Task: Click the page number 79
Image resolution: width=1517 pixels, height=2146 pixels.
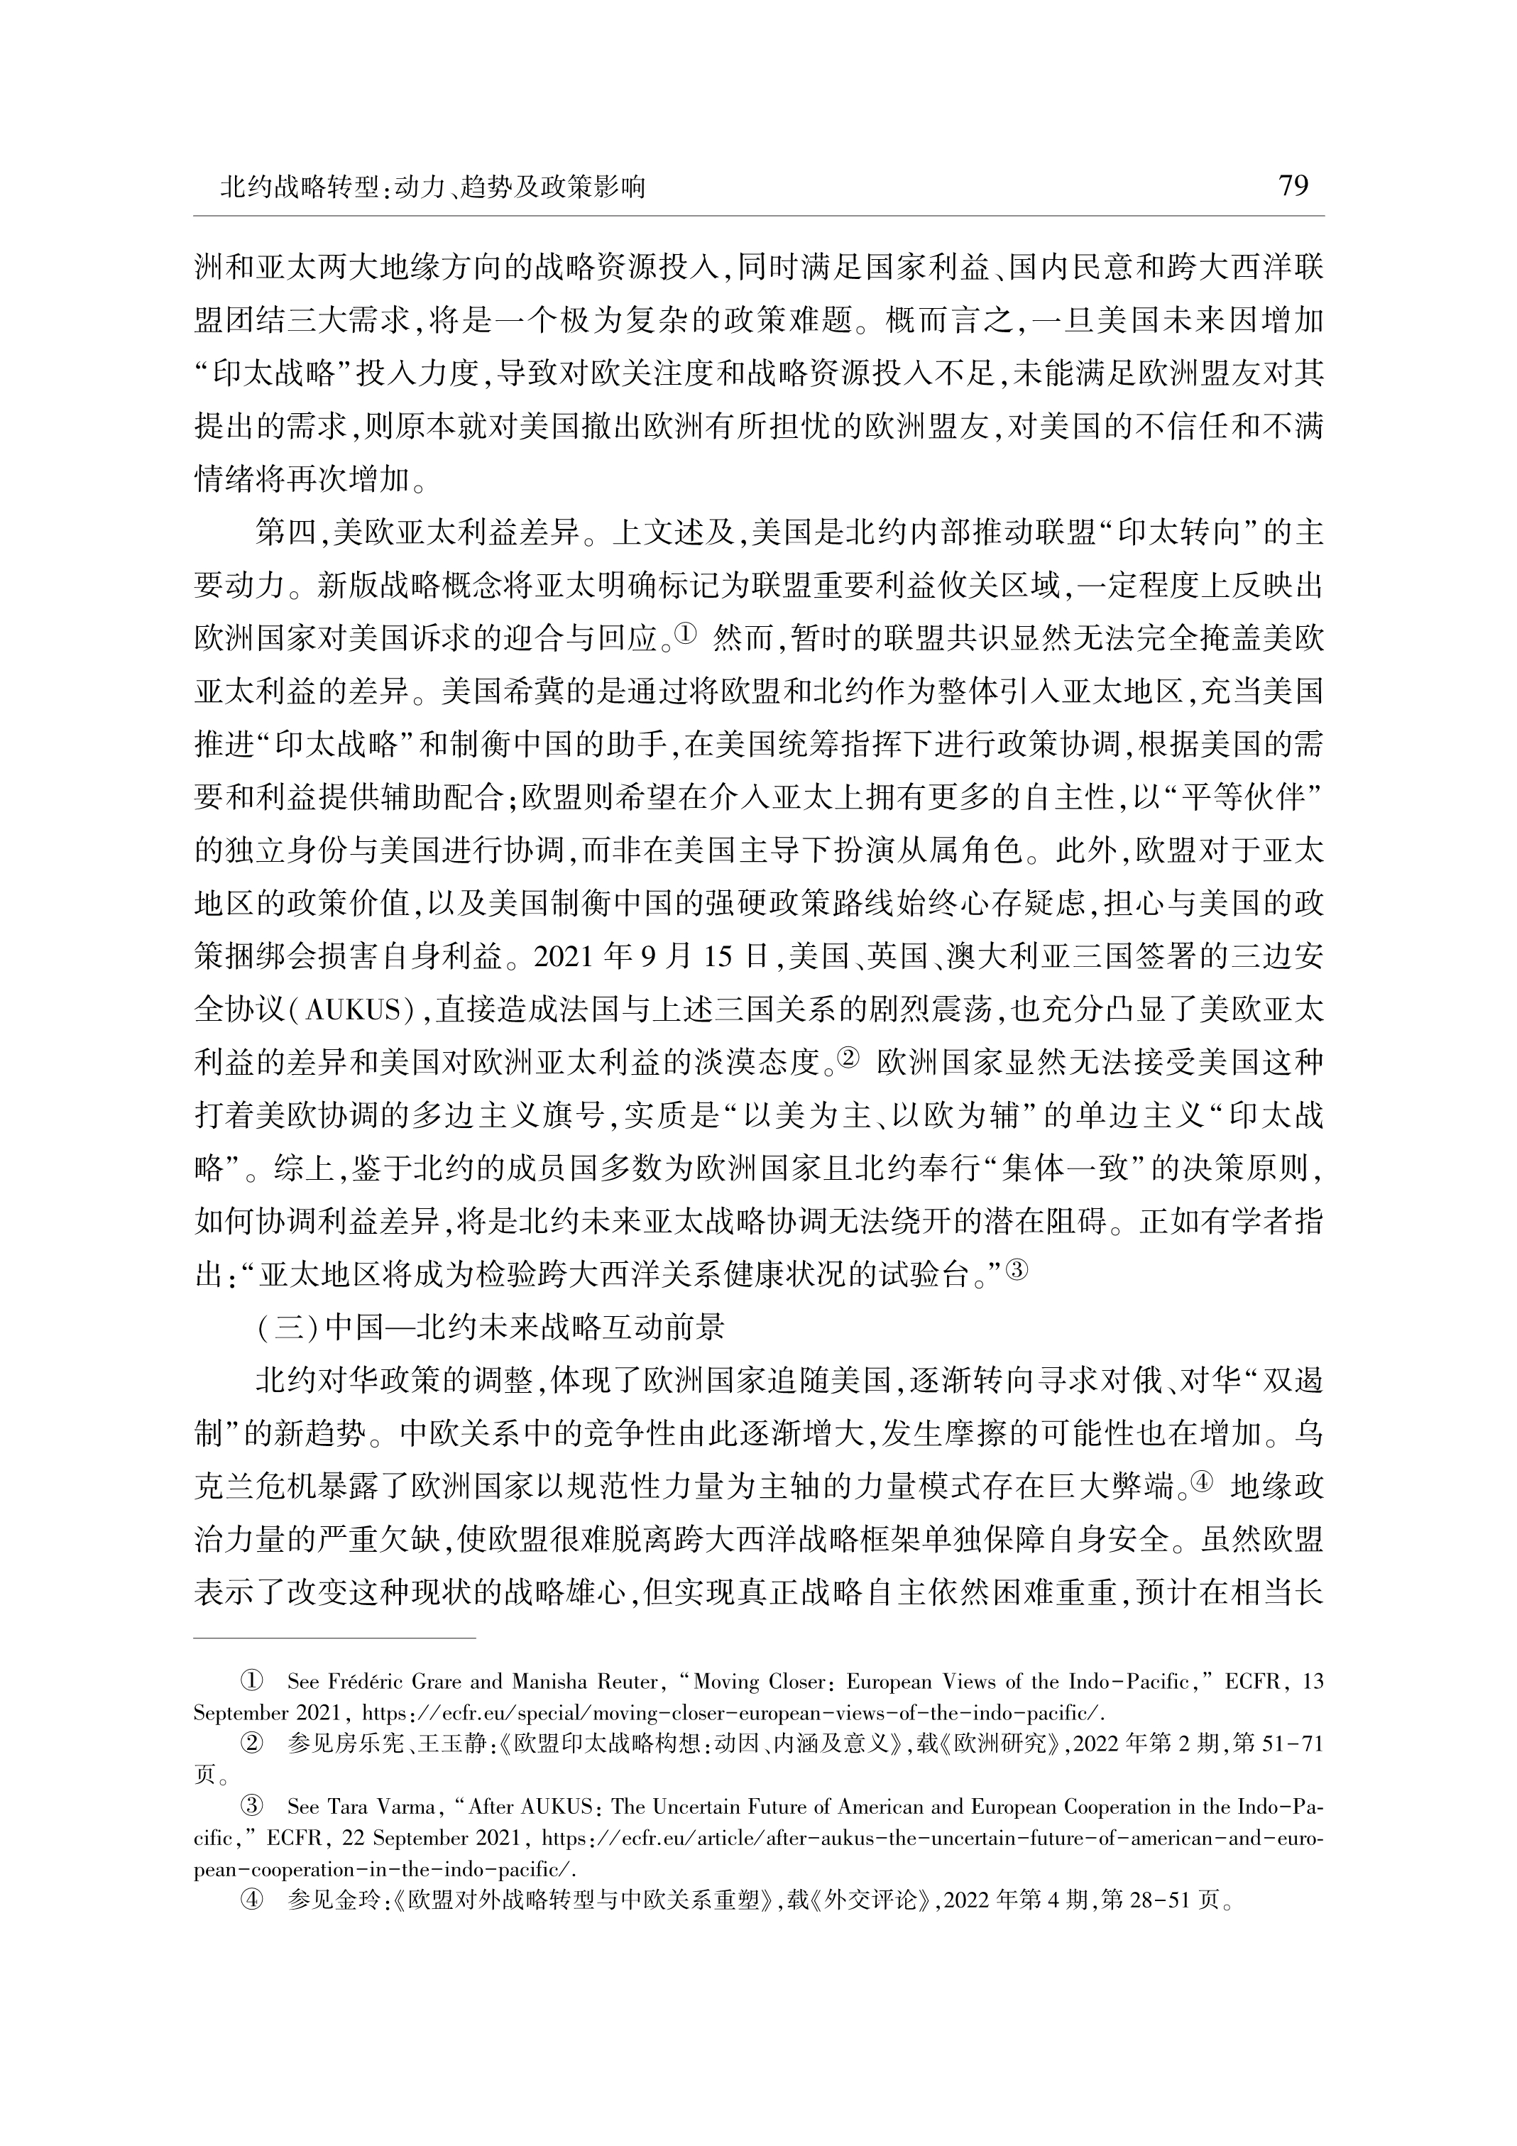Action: click(1293, 186)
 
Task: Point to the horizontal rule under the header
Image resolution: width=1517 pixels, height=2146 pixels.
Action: click(758, 216)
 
